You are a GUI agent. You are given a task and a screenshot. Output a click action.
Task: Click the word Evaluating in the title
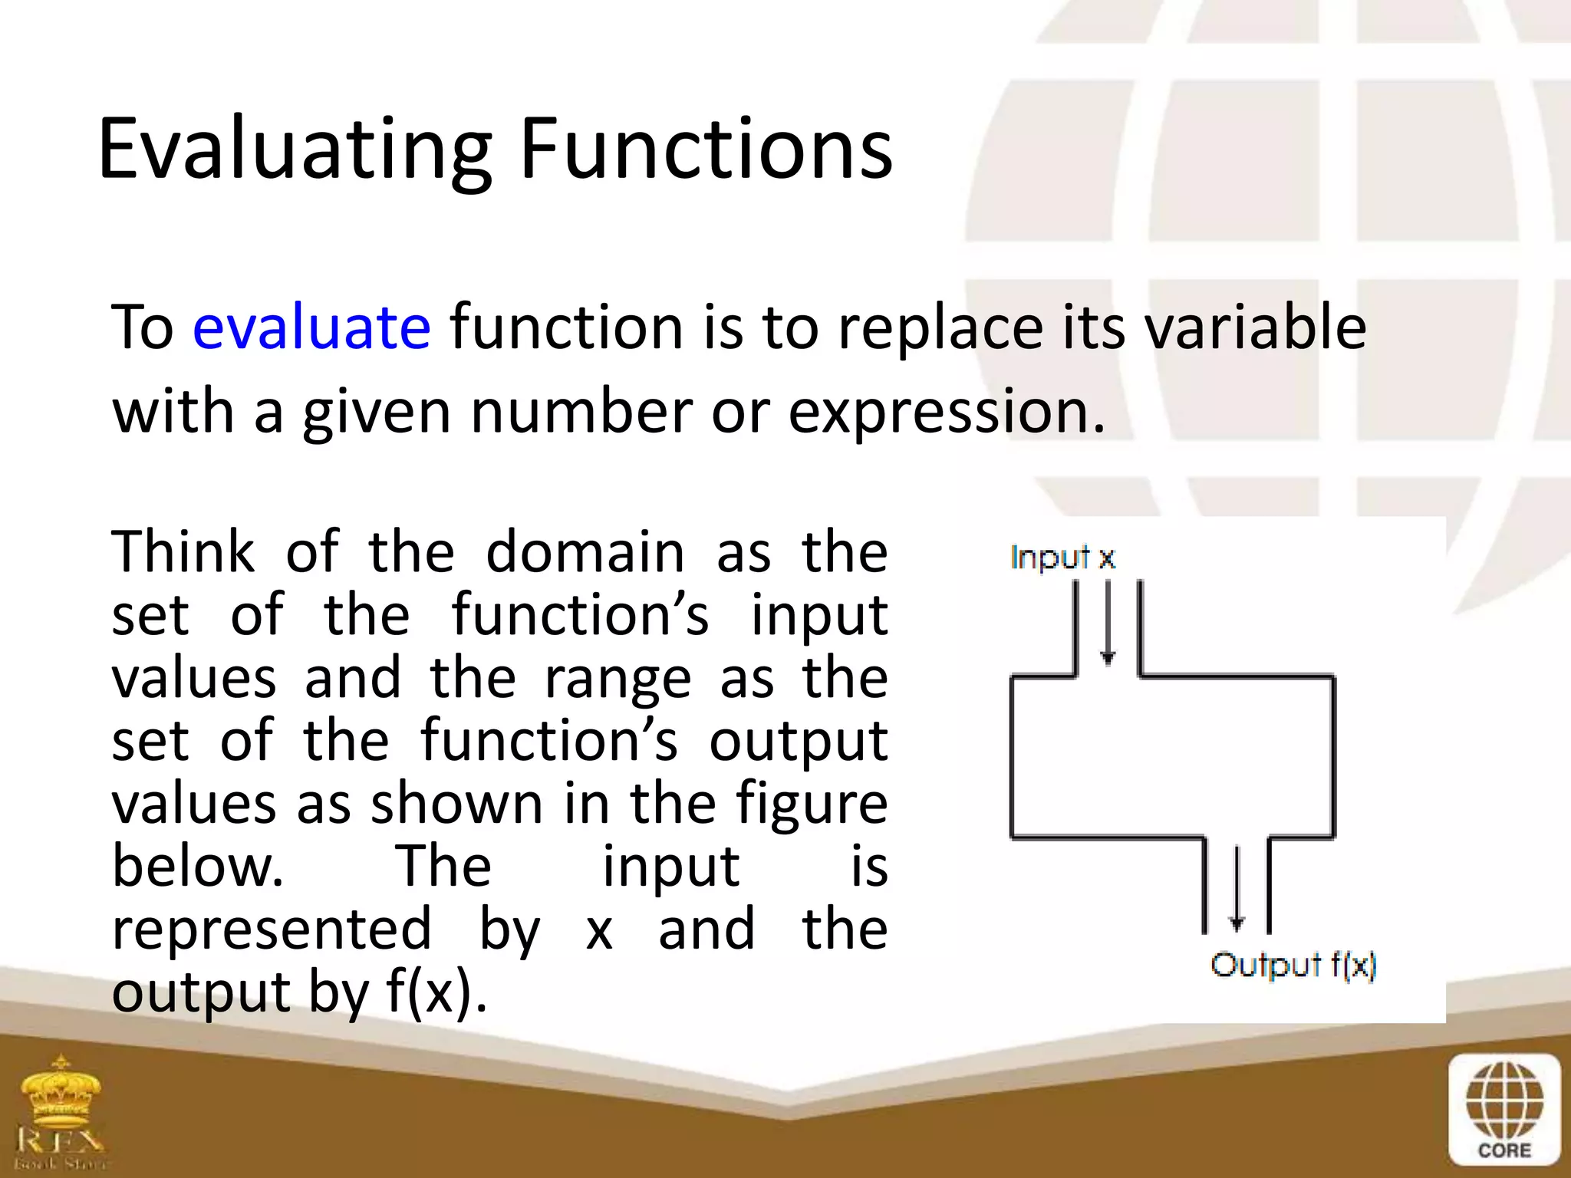[295, 150]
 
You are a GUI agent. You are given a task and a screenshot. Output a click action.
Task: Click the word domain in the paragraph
[585, 552]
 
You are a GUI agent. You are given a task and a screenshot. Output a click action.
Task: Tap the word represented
[272, 930]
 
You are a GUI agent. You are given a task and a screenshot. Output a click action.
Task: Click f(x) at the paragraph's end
[436, 992]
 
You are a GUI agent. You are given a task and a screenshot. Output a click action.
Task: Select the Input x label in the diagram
[1062, 558]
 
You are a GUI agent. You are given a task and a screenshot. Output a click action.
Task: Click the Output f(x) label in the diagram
[1293, 966]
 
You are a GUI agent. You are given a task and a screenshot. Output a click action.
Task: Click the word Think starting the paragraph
[183, 552]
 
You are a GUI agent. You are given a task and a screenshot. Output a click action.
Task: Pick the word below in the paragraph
[198, 867]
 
